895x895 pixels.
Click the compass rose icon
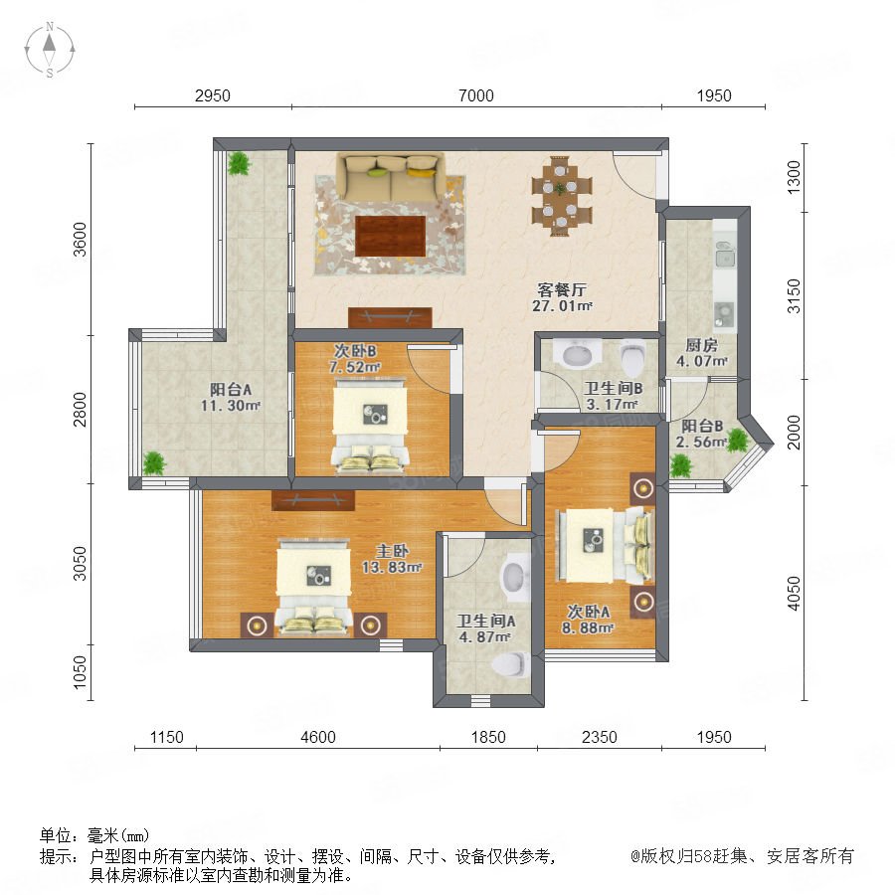click(50, 50)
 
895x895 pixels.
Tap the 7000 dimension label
click(476, 95)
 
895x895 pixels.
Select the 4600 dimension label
click(318, 737)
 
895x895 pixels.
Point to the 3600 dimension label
click(80, 240)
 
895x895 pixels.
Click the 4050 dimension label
click(794, 593)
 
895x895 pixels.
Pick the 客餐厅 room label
click(562, 288)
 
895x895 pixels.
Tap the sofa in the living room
click(391, 177)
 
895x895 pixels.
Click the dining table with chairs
click(562, 196)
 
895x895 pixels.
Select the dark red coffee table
click(391, 237)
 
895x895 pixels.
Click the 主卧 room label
click(392, 551)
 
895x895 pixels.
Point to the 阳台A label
click(231, 389)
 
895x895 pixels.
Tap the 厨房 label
click(701, 345)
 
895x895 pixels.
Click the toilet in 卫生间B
click(631, 357)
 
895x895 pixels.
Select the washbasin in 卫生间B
click(578, 353)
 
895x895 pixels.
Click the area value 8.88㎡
click(588, 627)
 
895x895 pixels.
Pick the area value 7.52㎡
click(354, 367)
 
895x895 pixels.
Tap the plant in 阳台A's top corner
click(239, 163)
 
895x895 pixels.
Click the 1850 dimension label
click(488, 737)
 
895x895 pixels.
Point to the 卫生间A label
click(486, 621)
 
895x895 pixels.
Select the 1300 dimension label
click(794, 177)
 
